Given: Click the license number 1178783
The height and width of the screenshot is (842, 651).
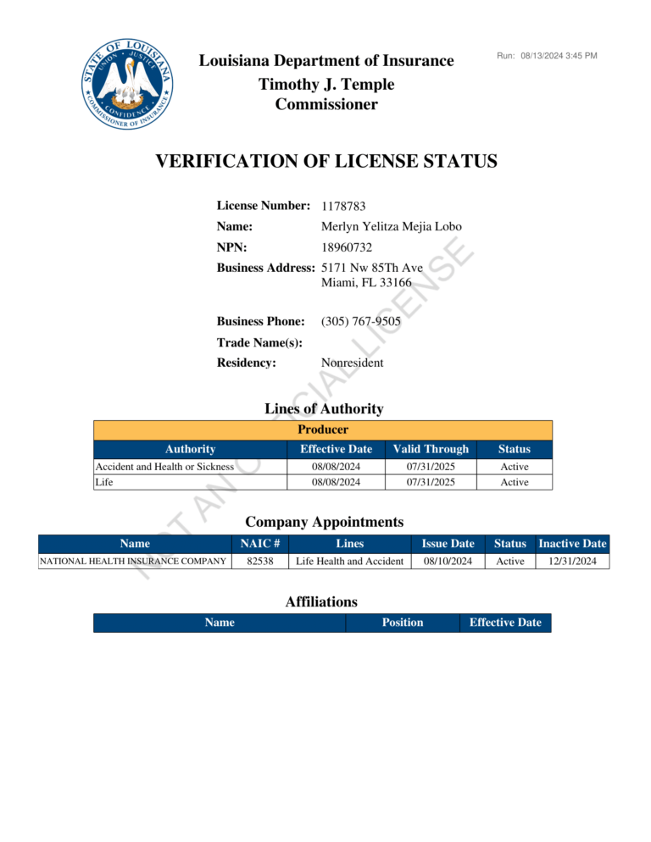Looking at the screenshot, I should [343, 206].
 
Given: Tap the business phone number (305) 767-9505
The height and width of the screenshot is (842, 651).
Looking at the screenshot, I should [361, 322].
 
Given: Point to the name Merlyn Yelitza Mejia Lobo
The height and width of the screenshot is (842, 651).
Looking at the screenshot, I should [392, 227].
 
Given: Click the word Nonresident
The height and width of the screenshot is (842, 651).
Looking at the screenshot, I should [352, 363].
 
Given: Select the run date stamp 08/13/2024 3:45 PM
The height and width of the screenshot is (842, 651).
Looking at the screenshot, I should [559, 56].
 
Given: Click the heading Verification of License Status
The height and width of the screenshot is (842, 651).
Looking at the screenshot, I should [326, 161].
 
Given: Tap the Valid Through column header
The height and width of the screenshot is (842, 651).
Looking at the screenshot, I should [431, 449].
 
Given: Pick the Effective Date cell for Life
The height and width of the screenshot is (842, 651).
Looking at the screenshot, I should [337, 482].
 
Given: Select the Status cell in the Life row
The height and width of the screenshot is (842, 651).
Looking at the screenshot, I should [514, 482].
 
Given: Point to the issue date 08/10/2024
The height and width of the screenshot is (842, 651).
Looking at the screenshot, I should [448, 561].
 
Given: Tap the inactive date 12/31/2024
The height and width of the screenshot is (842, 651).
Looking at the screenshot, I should [572, 561].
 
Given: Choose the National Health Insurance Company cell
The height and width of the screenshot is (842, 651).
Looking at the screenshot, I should [133, 561].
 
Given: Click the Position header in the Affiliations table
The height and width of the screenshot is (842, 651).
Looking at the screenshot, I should [403, 623].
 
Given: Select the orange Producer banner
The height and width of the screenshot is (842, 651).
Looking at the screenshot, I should [323, 429].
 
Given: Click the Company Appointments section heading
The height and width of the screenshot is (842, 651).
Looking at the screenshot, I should [324, 521].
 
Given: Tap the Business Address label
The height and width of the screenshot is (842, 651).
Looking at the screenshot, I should [265, 268].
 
